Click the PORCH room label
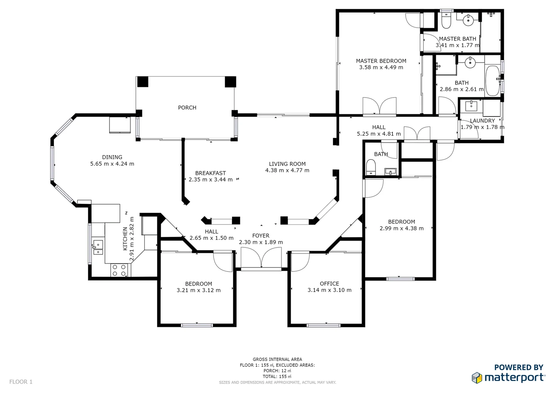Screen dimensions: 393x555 [x=187, y=108]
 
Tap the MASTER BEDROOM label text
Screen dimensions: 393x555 [x=381, y=61]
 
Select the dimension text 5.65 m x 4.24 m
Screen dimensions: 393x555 [x=112, y=164]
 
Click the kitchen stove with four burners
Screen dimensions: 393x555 [x=119, y=270]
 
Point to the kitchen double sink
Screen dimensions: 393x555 [x=98, y=247]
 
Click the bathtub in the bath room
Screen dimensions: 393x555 [x=493, y=80]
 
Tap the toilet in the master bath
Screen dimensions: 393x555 [x=446, y=21]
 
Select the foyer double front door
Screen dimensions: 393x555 [x=261, y=259]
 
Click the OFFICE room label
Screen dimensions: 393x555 [x=329, y=284]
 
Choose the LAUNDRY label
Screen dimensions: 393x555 [x=482, y=121]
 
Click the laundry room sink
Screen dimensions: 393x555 [x=471, y=106]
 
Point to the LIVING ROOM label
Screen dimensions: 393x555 [x=287, y=164]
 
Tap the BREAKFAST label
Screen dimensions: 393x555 [x=210, y=173]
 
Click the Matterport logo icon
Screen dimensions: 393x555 [x=477, y=378]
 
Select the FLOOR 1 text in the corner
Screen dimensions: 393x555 [x=21, y=382]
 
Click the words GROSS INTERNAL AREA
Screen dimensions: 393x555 [x=277, y=359]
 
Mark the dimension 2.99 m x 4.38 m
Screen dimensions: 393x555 [x=401, y=229]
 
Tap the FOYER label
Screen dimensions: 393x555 [x=261, y=236]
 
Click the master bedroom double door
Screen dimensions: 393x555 [x=380, y=107]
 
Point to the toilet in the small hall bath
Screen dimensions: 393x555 [x=370, y=167]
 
